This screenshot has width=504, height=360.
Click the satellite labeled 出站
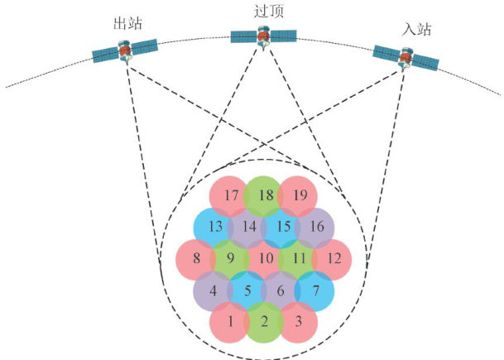click(x=125, y=51)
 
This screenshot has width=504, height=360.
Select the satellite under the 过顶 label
click(x=263, y=36)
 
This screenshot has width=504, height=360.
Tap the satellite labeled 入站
click(x=406, y=56)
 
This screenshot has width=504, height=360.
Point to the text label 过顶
click(x=264, y=12)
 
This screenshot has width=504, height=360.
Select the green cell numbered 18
click(x=265, y=195)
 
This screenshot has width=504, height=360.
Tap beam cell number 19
click(x=300, y=196)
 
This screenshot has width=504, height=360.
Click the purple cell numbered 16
click(x=318, y=227)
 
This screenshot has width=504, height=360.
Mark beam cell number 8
click(x=196, y=257)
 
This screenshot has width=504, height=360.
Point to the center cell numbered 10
click(x=265, y=258)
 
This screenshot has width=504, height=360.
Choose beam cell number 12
click(x=334, y=258)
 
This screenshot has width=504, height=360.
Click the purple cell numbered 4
click(x=214, y=290)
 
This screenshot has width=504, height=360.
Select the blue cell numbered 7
click(x=317, y=290)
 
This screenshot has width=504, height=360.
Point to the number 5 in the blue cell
click(x=247, y=290)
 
